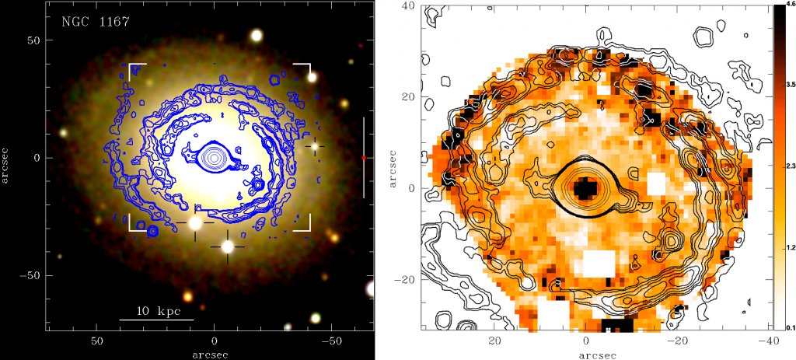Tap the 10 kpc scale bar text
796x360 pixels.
coord(158,311)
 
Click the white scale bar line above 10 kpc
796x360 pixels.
coord(156,320)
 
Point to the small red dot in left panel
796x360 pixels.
coord(364,158)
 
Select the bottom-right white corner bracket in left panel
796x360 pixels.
coord(305,225)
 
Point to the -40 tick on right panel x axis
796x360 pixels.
coord(766,341)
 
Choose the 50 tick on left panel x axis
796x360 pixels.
coord(97,341)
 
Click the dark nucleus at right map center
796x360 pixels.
coord(585,188)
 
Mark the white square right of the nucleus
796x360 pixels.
coord(657,184)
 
